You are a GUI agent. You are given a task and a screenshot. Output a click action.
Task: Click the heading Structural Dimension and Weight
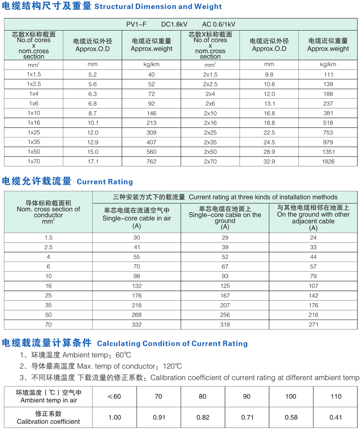(x=158, y=7)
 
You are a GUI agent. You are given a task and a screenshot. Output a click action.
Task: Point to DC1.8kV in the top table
(x=174, y=24)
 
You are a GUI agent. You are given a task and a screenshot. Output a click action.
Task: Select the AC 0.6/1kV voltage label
(x=219, y=24)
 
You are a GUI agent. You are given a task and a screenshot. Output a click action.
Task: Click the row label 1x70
(x=34, y=162)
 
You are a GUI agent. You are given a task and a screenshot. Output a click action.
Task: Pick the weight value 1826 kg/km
(x=328, y=162)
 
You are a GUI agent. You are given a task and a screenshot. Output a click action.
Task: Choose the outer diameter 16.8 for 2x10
(x=269, y=113)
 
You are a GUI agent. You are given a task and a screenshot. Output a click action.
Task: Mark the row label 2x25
(x=210, y=133)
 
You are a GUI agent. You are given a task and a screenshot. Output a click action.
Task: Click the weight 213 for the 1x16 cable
(x=151, y=123)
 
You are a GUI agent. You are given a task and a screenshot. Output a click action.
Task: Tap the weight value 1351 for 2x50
(x=328, y=152)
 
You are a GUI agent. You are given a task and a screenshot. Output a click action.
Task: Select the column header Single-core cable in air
(x=136, y=218)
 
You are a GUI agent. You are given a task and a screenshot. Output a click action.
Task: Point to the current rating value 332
(x=136, y=324)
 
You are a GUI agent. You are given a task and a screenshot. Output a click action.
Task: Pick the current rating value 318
(x=225, y=324)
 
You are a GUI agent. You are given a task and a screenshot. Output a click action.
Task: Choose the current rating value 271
(x=313, y=324)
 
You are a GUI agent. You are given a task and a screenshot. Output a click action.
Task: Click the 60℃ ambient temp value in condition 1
(x=123, y=355)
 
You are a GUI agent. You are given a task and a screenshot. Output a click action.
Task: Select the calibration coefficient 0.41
(x=336, y=417)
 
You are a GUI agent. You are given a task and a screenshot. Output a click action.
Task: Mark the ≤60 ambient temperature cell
(x=114, y=396)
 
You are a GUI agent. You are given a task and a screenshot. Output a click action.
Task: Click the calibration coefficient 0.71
(x=247, y=417)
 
